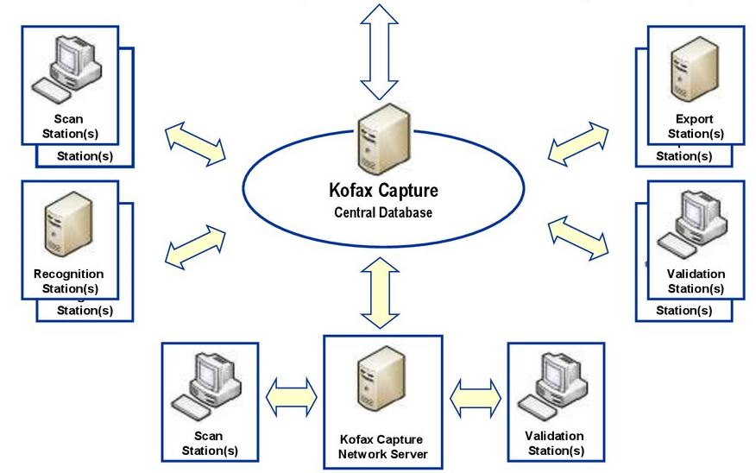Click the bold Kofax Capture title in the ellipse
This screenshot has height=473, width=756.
point(383,190)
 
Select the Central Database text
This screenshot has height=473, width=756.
point(383,212)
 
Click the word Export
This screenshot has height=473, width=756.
point(696,119)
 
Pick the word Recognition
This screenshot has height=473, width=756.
point(68,274)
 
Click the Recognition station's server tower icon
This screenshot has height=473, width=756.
point(66,227)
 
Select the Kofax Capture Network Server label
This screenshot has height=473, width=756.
point(382,447)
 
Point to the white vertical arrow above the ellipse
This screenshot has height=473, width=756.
point(379,52)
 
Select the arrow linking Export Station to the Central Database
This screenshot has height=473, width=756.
point(578,142)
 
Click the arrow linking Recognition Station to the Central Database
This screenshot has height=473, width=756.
point(195,246)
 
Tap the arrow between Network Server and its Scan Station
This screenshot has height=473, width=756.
point(292,397)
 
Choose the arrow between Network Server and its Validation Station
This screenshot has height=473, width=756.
point(476,397)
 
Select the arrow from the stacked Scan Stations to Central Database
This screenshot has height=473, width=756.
point(195,142)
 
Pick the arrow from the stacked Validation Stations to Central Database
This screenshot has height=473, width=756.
point(578,237)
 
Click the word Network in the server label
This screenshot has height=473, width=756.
point(363,454)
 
